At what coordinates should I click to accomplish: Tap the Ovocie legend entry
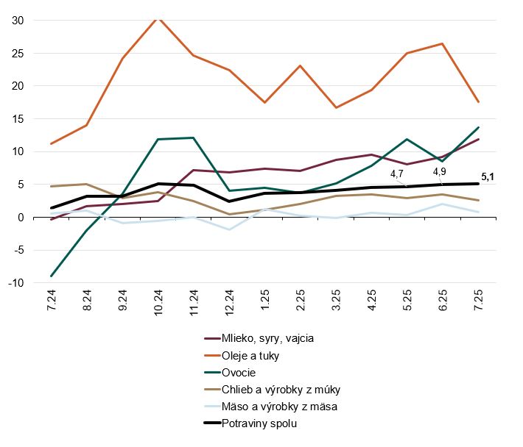point(243,372)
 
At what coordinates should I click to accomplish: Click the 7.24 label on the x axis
point(51,302)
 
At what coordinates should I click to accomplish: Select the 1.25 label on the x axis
point(264,302)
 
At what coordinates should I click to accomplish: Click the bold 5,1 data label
point(487,176)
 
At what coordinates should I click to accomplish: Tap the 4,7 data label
point(397,174)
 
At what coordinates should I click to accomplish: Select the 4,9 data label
point(439,172)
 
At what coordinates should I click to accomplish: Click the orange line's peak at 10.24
point(158,17)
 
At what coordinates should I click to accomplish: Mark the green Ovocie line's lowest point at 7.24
point(51,276)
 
